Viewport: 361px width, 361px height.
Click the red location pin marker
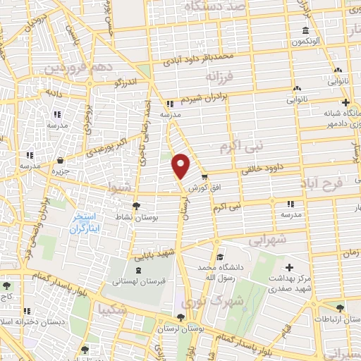pos(181,165)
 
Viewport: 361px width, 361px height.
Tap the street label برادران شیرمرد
pos(204,101)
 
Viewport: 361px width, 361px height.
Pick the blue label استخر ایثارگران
pos(90,225)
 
